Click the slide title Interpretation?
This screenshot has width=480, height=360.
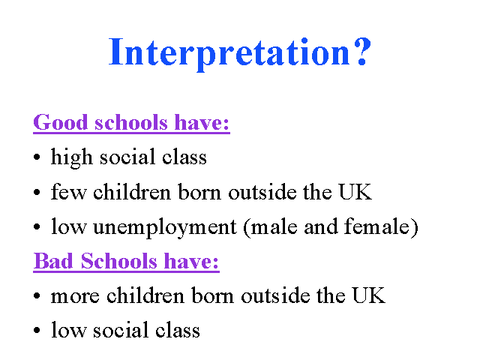click(x=240, y=53)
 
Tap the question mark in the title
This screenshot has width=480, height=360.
click(x=362, y=51)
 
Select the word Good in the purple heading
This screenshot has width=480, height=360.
click(x=61, y=122)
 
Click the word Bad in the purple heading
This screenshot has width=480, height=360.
click(x=53, y=261)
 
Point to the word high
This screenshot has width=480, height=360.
click(x=72, y=157)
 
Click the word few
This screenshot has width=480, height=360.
click(x=68, y=191)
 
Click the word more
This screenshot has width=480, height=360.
click(x=75, y=297)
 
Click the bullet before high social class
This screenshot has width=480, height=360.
click(x=37, y=157)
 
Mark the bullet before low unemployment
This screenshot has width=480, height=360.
click(x=37, y=226)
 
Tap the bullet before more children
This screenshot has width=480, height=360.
click(x=37, y=296)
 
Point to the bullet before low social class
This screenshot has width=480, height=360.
click(x=37, y=331)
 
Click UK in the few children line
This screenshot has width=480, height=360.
click(x=355, y=192)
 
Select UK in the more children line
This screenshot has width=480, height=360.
click(x=368, y=295)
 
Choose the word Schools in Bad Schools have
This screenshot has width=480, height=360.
click(x=119, y=261)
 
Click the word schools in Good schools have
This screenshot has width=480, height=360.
click(x=131, y=122)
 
